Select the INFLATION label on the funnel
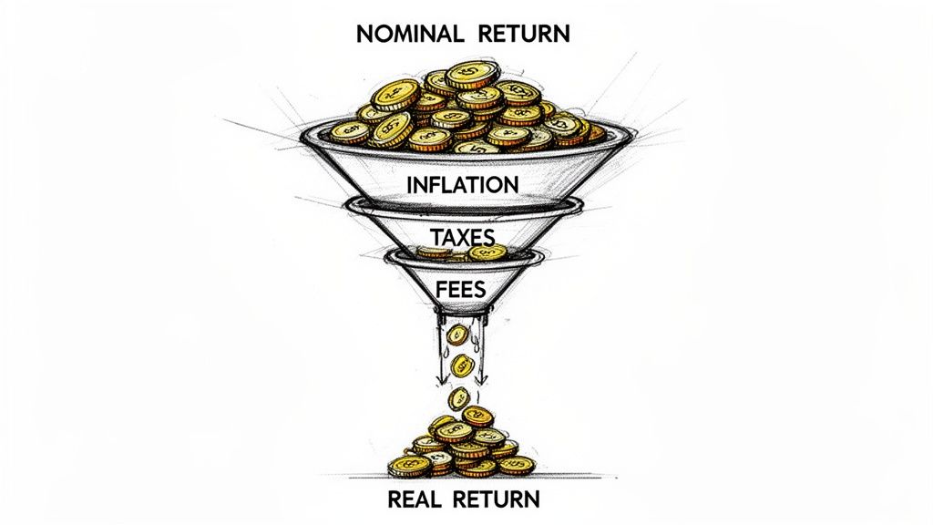(x=463, y=184)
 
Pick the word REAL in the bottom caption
(x=416, y=499)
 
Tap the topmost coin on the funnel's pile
(x=469, y=73)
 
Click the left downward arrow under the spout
(x=438, y=365)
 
